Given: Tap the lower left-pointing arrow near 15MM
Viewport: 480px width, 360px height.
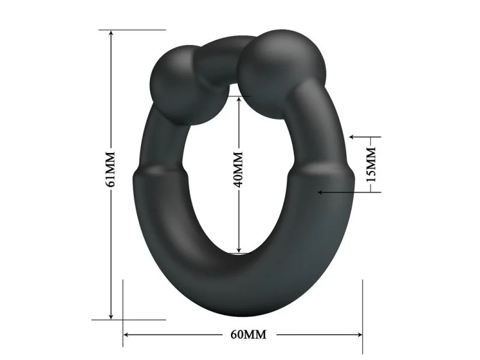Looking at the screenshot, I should (322, 192).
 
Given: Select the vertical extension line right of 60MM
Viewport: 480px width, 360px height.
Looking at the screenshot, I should (362, 312).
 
